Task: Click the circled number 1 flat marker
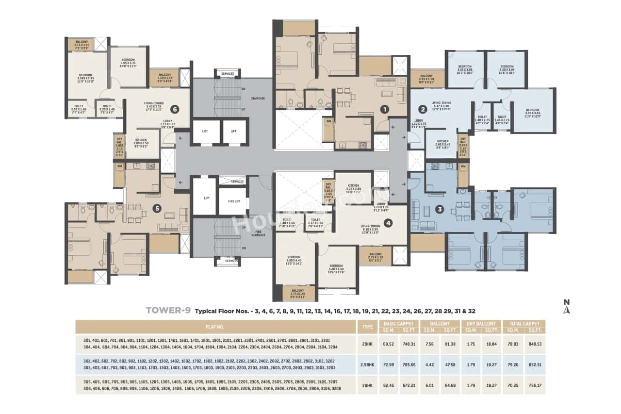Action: click(384, 109)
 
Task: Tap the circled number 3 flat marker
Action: click(439, 210)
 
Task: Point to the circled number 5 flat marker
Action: click(156, 208)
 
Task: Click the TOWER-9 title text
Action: click(168, 311)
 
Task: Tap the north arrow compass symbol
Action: click(566, 307)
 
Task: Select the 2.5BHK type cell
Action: click(367, 364)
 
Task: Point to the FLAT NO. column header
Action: click(215, 327)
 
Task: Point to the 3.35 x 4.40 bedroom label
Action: click(294, 260)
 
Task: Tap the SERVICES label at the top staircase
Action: click(228, 74)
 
